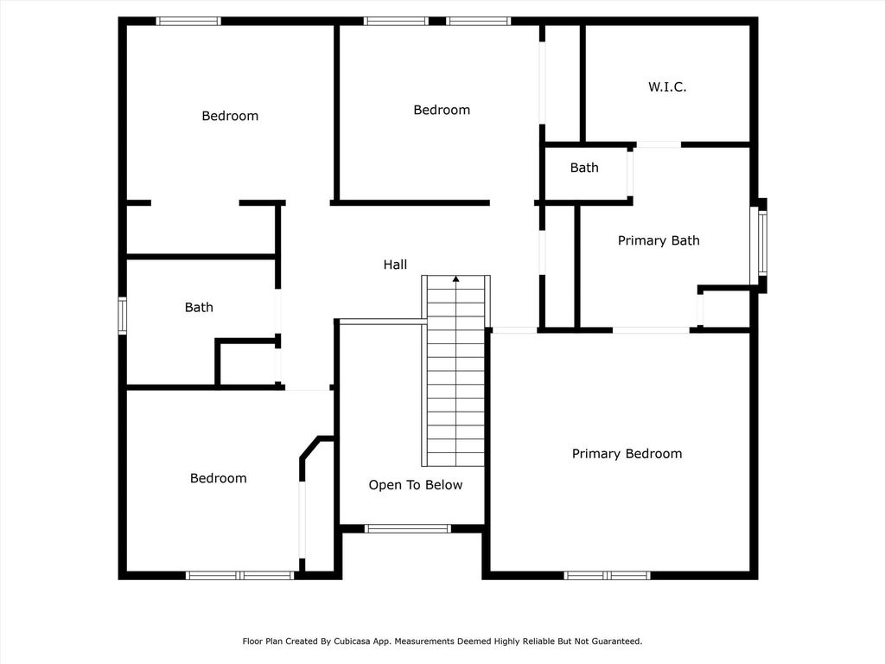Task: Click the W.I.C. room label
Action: point(667,87)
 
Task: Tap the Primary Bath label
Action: point(659,240)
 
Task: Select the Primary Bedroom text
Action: point(627,453)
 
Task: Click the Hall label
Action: point(395,265)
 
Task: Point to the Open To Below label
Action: point(416,485)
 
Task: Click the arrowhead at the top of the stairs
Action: point(456,278)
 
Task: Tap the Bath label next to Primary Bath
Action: point(584,168)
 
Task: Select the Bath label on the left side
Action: point(200,307)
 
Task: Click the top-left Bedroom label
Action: point(230,116)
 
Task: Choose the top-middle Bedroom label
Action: point(442,110)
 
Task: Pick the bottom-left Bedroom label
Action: point(219,478)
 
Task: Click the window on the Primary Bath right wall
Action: point(762,242)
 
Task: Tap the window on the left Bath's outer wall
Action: point(122,315)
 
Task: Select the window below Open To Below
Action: point(408,529)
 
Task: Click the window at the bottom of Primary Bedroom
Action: point(608,575)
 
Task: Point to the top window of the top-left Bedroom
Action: point(188,22)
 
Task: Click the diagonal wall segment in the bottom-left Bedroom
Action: point(310,449)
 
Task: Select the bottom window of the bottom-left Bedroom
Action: point(240,575)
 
